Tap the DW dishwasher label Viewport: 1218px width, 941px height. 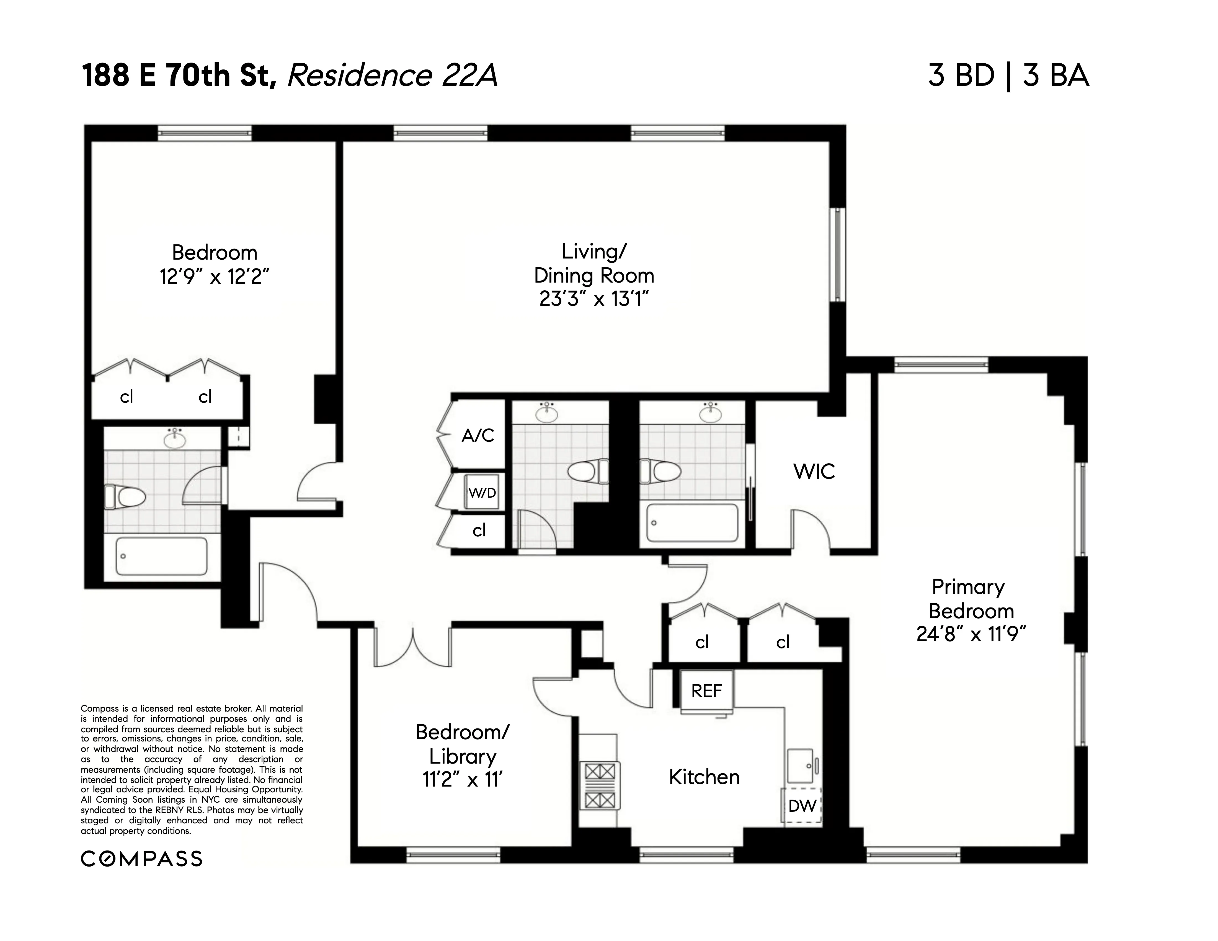pyautogui.click(x=801, y=806)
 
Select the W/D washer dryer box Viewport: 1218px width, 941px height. pyautogui.click(x=481, y=492)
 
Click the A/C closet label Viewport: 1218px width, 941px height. pyautogui.click(x=478, y=435)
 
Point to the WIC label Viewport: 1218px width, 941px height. pyautogui.click(x=814, y=472)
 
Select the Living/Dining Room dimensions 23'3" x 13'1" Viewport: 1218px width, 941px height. pyautogui.click(x=593, y=299)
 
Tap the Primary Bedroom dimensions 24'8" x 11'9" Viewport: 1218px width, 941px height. pyautogui.click(x=970, y=634)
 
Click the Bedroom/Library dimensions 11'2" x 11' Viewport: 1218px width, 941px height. pyautogui.click(x=462, y=779)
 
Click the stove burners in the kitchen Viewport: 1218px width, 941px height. pyautogui.click(x=600, y=786)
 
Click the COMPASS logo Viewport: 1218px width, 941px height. pyautogui.click(x=142, y=859)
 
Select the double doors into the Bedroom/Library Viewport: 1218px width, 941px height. pyautogui.click(x=413, y=647)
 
